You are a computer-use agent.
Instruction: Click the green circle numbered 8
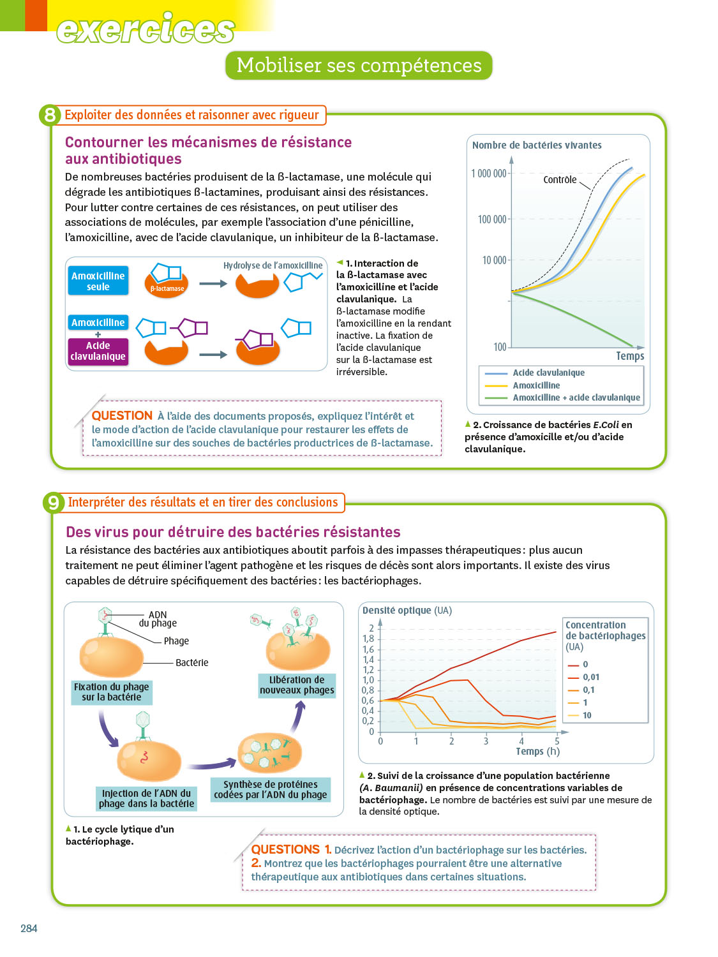[50, 115]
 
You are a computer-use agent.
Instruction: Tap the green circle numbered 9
[53, 503]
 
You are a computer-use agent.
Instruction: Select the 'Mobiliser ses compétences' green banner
[359, 66]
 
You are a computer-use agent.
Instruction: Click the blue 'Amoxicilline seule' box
[98, 281]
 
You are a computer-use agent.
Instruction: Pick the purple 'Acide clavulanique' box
[98, 351]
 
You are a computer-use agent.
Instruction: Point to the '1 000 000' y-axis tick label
[488, 174]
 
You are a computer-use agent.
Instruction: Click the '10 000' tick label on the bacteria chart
[494, 260]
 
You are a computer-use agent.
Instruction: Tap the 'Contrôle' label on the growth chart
[560, 180]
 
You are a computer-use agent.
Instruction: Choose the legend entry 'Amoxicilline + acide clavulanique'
[576, 397]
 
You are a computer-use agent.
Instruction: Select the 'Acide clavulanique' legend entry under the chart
[548, 373]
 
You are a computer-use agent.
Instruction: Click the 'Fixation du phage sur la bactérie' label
[112, 692]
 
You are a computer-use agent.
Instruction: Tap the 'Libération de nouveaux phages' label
[297, 685]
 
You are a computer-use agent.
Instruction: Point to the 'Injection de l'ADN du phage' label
[146, 798]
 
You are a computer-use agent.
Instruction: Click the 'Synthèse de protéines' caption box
[271, 789]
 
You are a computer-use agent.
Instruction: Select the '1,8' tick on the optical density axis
[368, 639]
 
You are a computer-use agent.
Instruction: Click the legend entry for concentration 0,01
[590, 677]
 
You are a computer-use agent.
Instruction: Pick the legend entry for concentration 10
[587, 715]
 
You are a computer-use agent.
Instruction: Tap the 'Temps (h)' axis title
[537, 751]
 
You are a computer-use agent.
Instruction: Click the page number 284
[29, 928]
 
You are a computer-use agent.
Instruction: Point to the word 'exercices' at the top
[146, 29]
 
